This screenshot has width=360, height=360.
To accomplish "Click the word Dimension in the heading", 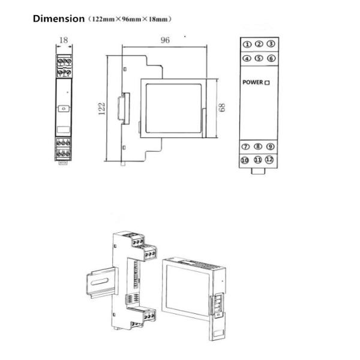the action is [x=59, y=19].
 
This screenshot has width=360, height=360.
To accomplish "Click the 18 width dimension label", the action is [x=64, y=40].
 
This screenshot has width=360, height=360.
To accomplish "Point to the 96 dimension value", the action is [x=165, y=40].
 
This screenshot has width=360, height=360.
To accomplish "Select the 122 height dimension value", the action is [x=101, y=109].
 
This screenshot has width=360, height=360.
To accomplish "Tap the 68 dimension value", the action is [x=222, y=107].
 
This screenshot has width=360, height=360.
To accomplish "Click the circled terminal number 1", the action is [x=247, y=44].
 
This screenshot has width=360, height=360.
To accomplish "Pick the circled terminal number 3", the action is [x=271, y=44].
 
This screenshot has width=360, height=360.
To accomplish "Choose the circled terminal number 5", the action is [x=259, y=58].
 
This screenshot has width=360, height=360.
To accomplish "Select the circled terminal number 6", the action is [x=271, y=58].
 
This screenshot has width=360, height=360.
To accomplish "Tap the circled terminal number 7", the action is [x=245, y=146].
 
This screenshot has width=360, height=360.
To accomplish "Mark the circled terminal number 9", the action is [x=270, y=146].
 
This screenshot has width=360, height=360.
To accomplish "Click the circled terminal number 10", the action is [x=245, y=160].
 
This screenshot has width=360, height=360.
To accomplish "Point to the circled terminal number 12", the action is [x=269, y=160].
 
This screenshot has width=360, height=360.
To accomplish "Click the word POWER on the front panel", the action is [x=253, y=82].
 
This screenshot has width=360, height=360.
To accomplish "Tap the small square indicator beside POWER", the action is [x=267, y=83].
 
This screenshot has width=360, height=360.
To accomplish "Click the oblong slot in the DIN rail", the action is [x=100, y=281].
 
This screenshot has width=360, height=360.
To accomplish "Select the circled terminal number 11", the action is [x=257, y=160].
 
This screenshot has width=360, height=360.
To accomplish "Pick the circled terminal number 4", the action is [x=247, y=59].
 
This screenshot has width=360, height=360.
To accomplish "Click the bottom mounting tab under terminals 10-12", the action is [x=258, y=171].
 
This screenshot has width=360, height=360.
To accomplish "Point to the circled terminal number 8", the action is [x=258, y=146].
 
